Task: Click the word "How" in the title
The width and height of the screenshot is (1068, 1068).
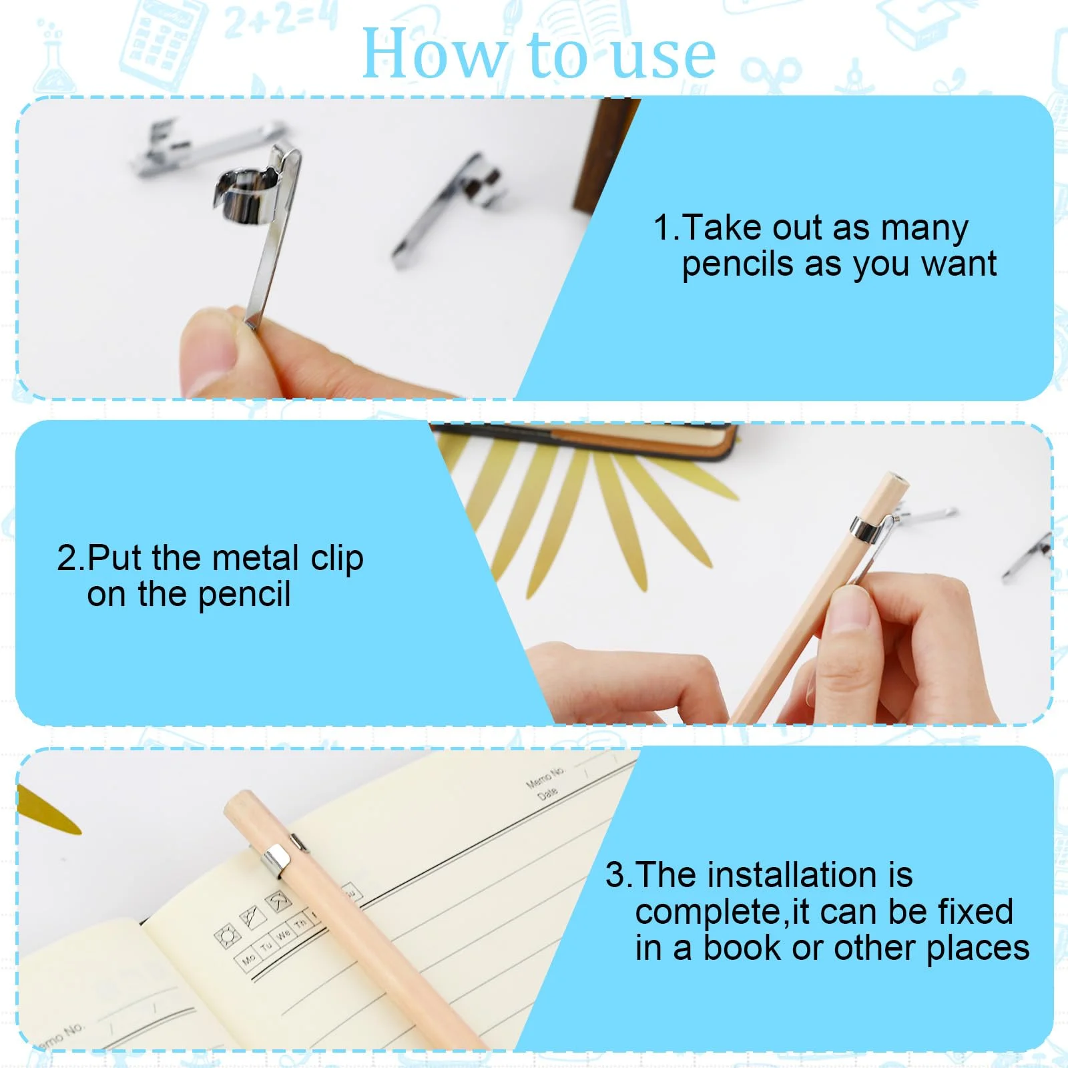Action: tap(433, 54)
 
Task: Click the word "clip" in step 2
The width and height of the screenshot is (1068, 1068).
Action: tap(337, 559)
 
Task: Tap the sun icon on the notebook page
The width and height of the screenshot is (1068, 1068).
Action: tap(227, 936)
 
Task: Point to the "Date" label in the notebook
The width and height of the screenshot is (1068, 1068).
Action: tap(547, 793)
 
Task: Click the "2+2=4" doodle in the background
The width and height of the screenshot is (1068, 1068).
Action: tap(281, 20)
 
